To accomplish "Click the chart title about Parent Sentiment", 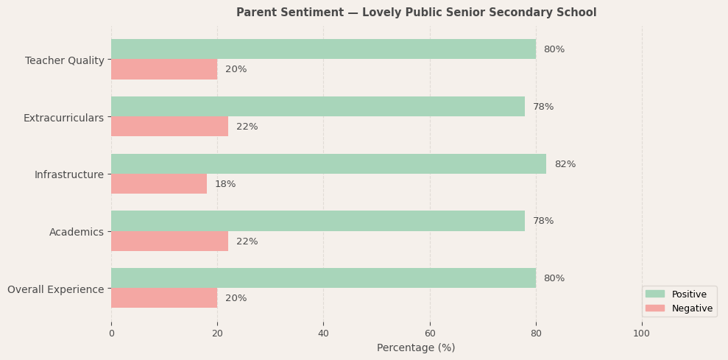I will (x=416, y=13).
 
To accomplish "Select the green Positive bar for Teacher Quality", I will (x=323, y=49).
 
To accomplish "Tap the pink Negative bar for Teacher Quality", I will (x=164, y=69).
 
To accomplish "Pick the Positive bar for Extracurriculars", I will (x=318, y=107).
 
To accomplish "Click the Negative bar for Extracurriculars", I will (x=169, y=127).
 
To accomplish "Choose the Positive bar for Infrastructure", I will (x=328, y=164).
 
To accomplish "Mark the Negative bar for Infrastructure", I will (x=159, y=184).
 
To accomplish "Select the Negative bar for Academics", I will (x=169, y=241).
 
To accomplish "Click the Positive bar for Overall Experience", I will (x=323, y=278).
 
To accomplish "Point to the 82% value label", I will (x=565, y=164).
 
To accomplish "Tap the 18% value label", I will (x=225, y=184).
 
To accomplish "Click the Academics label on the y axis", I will (x=77, y=232).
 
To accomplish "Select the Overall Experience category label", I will (x=56, y=289).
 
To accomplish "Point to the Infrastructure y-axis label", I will (x=69, y=174).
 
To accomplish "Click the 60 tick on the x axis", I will (x=430, y=333).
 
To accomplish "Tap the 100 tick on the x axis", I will (x=642, y=333).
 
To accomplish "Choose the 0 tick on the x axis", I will (x=111, y=333).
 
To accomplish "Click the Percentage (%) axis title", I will (x=416, y=347).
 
